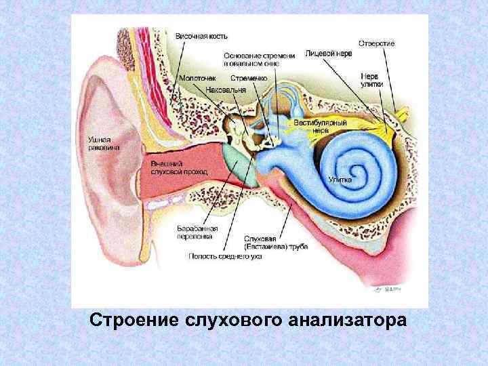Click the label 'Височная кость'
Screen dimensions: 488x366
(x=201, y=35)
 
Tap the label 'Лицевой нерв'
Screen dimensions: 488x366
(x=329, y=52)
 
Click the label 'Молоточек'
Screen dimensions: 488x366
(x=197, y=79)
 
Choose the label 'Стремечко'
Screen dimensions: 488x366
(x=249, y=79)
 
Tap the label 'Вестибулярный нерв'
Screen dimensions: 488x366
(x=320, y=127)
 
